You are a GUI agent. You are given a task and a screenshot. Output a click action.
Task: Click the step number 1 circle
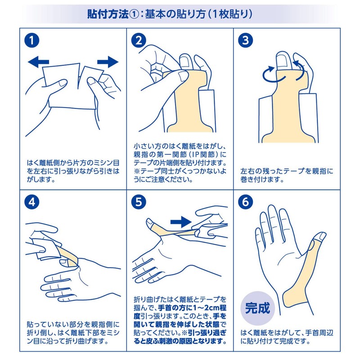tap(32, 40)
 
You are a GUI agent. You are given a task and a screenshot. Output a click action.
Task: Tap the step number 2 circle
tap(139, 40)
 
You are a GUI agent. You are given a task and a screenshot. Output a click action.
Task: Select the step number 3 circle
tap(245, 40)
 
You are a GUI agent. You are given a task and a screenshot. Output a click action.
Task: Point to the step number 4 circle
tap(32, 202)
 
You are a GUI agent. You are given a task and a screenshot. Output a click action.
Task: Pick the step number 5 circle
tap(139, 202)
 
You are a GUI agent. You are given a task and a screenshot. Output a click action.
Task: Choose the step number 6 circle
tap(245, 202)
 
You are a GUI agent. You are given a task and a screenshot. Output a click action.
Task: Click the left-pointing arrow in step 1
tap(38, 62)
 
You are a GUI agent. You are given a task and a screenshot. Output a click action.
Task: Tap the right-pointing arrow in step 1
tap(108, 62)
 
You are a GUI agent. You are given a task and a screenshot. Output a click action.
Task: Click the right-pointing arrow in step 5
tap(181, 222)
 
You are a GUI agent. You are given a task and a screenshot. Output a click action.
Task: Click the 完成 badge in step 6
tap(257, 308)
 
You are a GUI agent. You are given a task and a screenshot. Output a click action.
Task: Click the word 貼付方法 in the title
tap(108, 14)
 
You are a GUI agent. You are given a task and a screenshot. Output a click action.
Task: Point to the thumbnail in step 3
tap(283, 60)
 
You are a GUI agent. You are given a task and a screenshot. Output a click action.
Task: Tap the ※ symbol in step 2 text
tap(137, 171)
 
